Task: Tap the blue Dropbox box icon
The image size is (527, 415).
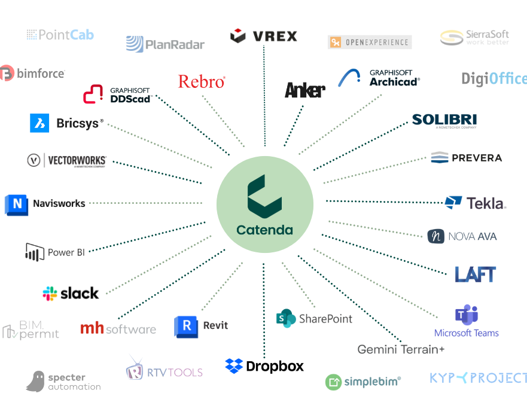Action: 234,366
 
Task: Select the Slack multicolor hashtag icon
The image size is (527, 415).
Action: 50,294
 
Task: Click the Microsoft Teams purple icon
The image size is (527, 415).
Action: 466,315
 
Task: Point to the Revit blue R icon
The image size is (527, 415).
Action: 186,326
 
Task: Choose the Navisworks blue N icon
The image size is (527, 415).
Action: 16,204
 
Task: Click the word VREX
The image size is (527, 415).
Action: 275,36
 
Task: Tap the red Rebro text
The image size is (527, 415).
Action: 202,82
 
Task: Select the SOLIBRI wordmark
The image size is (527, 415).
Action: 444,120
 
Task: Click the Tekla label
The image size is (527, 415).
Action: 485,203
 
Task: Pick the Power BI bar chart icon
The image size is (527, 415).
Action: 35,252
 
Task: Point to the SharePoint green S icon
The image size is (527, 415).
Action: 286,319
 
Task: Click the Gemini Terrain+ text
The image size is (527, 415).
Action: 401,349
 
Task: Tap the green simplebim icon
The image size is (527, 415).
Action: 333,382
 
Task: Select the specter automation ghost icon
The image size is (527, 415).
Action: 36,381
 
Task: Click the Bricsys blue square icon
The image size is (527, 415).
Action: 39,123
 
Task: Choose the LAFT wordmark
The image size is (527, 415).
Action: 475,274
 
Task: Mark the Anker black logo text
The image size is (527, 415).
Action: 305,90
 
